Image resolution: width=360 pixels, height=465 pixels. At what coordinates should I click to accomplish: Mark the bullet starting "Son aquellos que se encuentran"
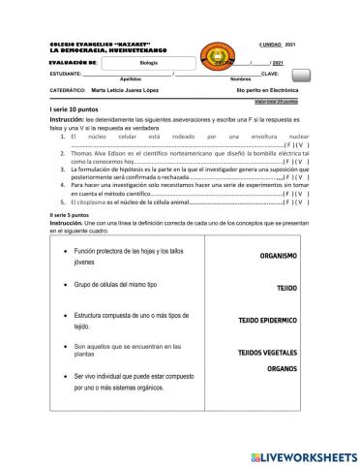click(x=127, y=350)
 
